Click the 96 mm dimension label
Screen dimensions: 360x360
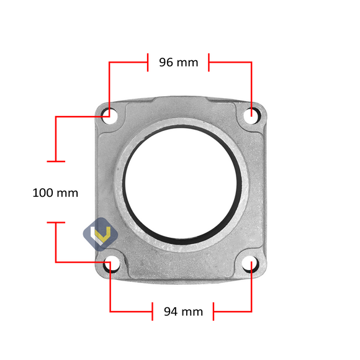179,62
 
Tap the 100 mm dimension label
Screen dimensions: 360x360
55,193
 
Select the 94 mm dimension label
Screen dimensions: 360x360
183,312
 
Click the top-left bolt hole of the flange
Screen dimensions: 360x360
107,114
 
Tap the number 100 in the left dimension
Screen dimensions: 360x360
43,193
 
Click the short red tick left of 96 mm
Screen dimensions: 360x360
147,62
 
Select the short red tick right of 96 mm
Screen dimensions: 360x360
209,62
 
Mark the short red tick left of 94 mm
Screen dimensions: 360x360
152,312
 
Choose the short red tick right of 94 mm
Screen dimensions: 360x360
213,312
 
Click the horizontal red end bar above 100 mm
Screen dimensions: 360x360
56,161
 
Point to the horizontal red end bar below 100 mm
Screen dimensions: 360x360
56,222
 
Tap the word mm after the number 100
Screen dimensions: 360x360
68,193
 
